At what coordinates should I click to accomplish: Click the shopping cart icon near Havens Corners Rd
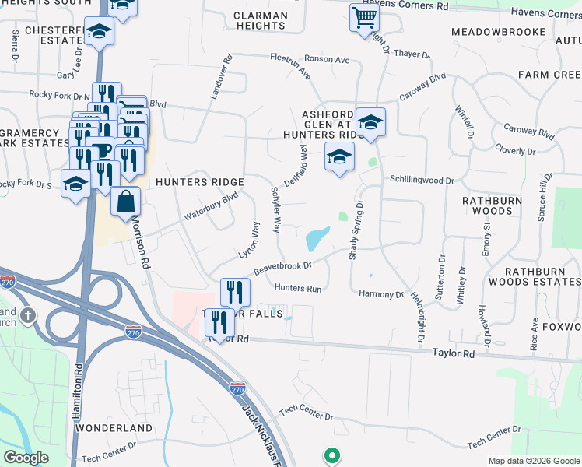coord(363,17)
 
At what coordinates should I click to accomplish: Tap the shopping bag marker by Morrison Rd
coord(125,202)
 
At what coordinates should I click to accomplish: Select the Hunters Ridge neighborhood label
coord(200,182)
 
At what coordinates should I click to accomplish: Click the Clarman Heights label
coord(261,20)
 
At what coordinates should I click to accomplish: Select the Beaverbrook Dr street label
coord(282,267)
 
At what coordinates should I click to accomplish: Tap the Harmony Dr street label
coord(381,294)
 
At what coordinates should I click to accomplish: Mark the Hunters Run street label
coord(297,288)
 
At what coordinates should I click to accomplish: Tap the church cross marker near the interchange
coord(28,315)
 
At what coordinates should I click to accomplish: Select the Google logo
coord(26,458)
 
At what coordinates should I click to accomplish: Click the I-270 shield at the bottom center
coord(238,387)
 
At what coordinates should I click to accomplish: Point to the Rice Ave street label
coord(535,332)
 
